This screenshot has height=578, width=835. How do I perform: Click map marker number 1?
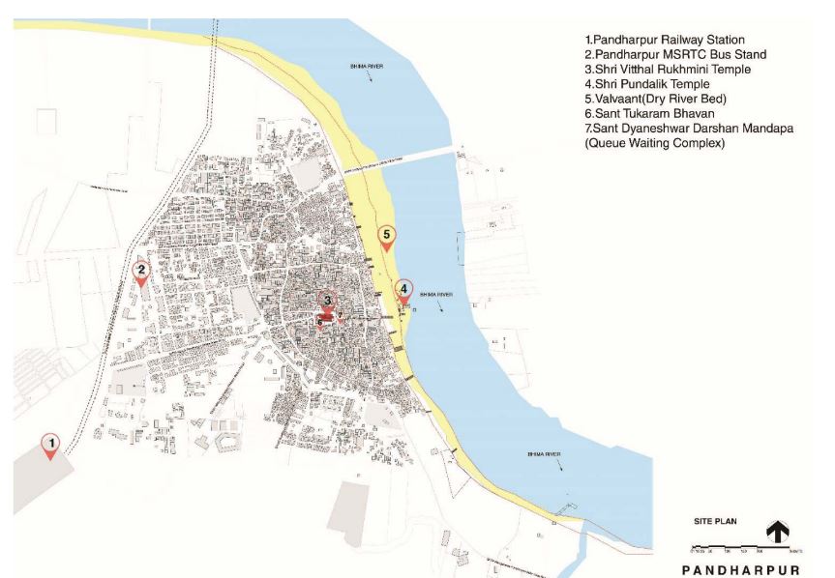click(x=50, y=445)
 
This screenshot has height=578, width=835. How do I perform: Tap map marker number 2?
click(x=141, y=273)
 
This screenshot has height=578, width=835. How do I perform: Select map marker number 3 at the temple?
click(x=328, y=302)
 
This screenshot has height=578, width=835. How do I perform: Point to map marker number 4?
click(x=403, y=289)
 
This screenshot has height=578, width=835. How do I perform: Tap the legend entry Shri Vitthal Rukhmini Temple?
click(x=668, y=70)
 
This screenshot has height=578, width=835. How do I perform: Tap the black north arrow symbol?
click(x=777, y=532)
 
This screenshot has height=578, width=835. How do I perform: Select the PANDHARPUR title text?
click(x=740, y=569)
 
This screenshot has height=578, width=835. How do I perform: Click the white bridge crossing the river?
click(x=416, y=157)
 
